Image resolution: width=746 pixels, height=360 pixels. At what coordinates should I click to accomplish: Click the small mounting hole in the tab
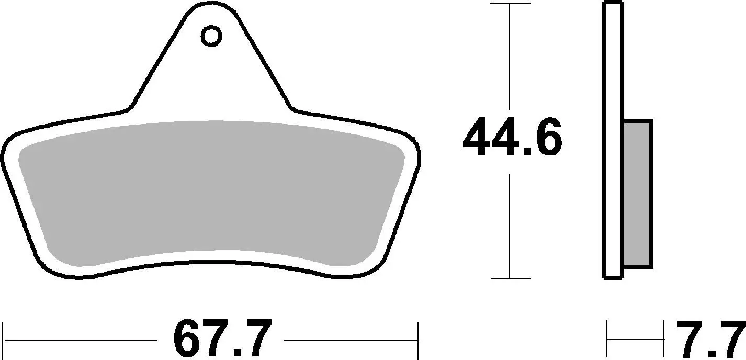click(211, 36)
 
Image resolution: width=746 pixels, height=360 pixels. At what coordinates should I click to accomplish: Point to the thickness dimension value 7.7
click(709, 339)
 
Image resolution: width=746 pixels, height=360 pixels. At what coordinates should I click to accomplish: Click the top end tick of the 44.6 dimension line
click(510, 4)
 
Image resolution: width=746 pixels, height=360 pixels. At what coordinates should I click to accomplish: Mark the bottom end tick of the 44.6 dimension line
click(510, 278)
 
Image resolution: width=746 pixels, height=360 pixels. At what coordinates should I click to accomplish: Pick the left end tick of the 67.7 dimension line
click(4, 340)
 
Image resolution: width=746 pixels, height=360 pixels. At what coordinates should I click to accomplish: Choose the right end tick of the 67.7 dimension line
click(418, 340)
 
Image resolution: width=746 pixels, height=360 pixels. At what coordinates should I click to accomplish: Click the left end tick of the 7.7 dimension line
click(607, 339)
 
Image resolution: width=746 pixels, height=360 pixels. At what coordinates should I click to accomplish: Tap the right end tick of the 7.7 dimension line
click(663, 339)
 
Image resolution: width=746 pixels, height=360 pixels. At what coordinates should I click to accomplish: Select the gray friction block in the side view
click(638, 194)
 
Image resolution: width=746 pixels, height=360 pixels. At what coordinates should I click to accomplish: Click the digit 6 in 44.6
click(545, 138)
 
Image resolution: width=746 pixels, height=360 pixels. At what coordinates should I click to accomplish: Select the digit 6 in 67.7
click(188, 339)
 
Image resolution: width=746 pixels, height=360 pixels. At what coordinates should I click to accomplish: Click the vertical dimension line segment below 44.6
click(510, 225)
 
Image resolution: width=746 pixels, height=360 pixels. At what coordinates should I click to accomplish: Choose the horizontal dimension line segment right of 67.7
click(351, 340)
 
